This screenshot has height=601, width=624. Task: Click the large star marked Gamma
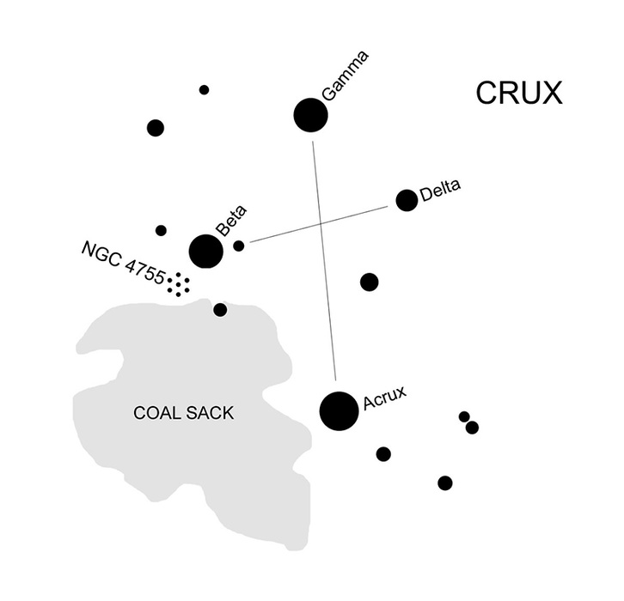coord(310,115)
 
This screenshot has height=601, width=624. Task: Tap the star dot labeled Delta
coord(407,200)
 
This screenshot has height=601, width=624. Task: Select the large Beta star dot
coord(206,252)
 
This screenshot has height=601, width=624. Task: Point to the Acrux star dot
coord(339,410)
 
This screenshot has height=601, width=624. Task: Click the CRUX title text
coord(519,93)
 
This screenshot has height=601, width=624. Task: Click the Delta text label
coord(440,186)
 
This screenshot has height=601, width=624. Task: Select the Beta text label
coord(231,221)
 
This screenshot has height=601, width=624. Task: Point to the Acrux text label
coord(383,397)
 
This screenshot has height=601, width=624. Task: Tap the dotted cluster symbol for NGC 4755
coord(179,284)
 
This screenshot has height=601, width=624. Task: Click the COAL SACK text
coord(183,413)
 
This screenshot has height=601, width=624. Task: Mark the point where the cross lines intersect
coord(321,222)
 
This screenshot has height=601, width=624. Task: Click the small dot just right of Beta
coord(239,246)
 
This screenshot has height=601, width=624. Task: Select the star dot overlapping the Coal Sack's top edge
coord(220,310)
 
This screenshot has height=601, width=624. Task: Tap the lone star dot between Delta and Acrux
coord(369,282)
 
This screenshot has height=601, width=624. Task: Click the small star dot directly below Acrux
coord(383,454)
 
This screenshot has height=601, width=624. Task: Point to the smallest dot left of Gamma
coord(204,89)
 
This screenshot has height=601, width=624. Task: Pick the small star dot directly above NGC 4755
coord(161,230)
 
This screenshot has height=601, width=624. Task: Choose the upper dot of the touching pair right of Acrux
coord(464,416)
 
